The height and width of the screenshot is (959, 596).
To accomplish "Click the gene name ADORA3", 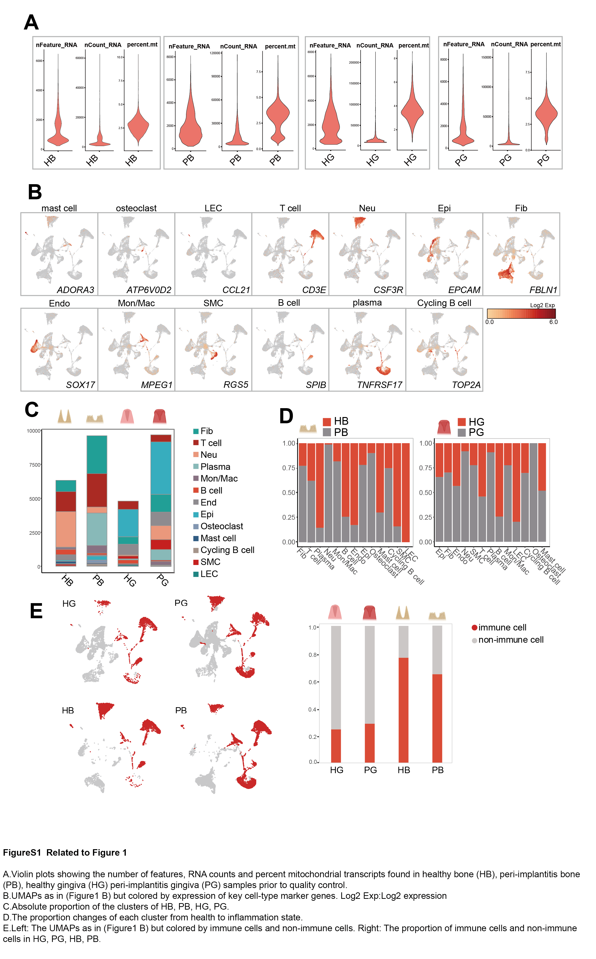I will (x=75, y=290).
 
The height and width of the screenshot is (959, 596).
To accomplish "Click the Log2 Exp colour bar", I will (x=521, y=313).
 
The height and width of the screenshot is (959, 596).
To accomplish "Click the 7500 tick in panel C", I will (x=35, y=465).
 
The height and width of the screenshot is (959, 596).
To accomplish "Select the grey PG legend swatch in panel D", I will (x=462, y=433).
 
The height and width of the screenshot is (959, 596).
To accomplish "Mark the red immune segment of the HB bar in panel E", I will (x=403, y=710).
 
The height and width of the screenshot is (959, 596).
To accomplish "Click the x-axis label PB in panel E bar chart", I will (x=438, y=770).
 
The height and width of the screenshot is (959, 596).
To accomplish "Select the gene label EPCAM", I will (x=464, y=290).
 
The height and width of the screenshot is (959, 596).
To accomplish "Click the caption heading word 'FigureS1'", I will (x=22, y=853).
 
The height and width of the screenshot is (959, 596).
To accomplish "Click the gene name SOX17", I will (x=81, y=385).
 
